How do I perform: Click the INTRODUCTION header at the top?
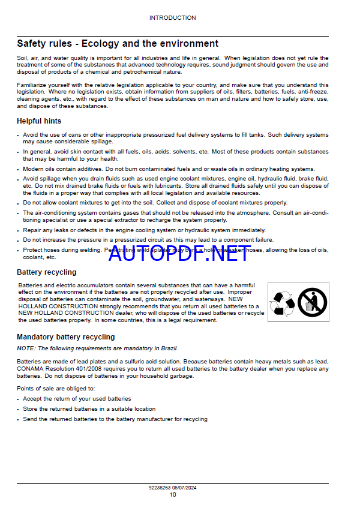pos(172,18)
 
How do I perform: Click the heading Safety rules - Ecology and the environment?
pos(118,44)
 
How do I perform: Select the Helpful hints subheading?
pos(39,121)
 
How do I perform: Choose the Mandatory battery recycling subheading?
pos(65,337)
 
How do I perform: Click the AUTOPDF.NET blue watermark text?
pos(179,254)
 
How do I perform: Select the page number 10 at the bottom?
pos(173,494)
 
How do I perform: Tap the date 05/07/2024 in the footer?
pos(185,488)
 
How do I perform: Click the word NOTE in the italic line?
pos(25,348)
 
